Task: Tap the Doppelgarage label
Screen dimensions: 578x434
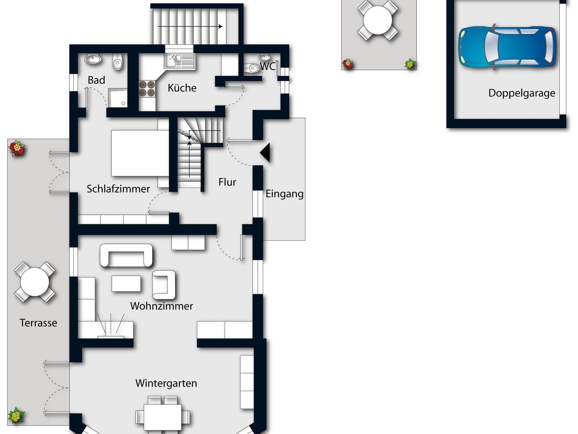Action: [x=522, y=93]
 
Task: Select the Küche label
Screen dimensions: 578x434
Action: [x=182, y=88]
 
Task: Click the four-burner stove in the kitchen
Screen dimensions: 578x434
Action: [x=147, y=89]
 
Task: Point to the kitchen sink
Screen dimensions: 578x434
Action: [x=180, y=61]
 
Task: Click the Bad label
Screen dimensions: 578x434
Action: [x=97, y=80]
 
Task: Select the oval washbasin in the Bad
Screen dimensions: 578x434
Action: [x=93, y=59]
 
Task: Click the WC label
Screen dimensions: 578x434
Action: [x=268, y=67]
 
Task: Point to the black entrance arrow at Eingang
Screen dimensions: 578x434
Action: [x=265, y=153]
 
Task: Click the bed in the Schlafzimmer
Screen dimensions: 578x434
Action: [x=140, y=153]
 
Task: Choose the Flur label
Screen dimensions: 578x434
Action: [x=227, y=182]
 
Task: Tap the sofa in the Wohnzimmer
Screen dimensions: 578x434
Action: [x=126, y=255]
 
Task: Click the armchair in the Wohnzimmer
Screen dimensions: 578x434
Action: [x=164, y=285]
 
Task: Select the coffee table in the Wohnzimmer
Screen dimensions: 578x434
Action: [x=126, y=283]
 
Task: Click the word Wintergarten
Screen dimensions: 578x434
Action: [x=166, y=383]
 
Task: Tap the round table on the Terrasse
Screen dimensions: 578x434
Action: [x=35, y=282]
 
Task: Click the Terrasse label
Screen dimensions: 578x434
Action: [x=38, y=323]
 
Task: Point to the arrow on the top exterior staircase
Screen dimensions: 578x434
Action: [x=190, y=27]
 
